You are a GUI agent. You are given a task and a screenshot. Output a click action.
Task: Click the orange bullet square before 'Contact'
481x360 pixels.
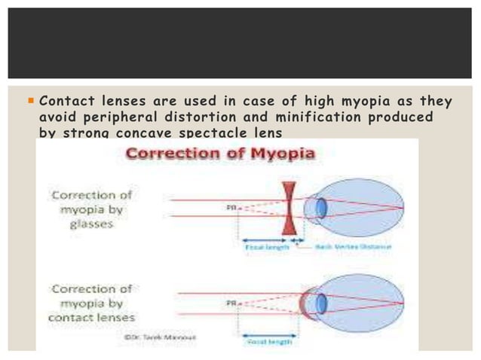[30, 101]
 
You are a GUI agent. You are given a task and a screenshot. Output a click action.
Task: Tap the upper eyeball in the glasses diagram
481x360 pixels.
[362, 209]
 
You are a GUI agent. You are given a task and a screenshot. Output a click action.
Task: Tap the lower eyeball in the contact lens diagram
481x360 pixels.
[362, 302]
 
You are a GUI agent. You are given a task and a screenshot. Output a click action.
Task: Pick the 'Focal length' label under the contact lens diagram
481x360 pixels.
[270, 340]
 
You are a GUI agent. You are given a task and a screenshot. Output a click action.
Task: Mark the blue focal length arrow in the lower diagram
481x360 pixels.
[269, 332]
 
